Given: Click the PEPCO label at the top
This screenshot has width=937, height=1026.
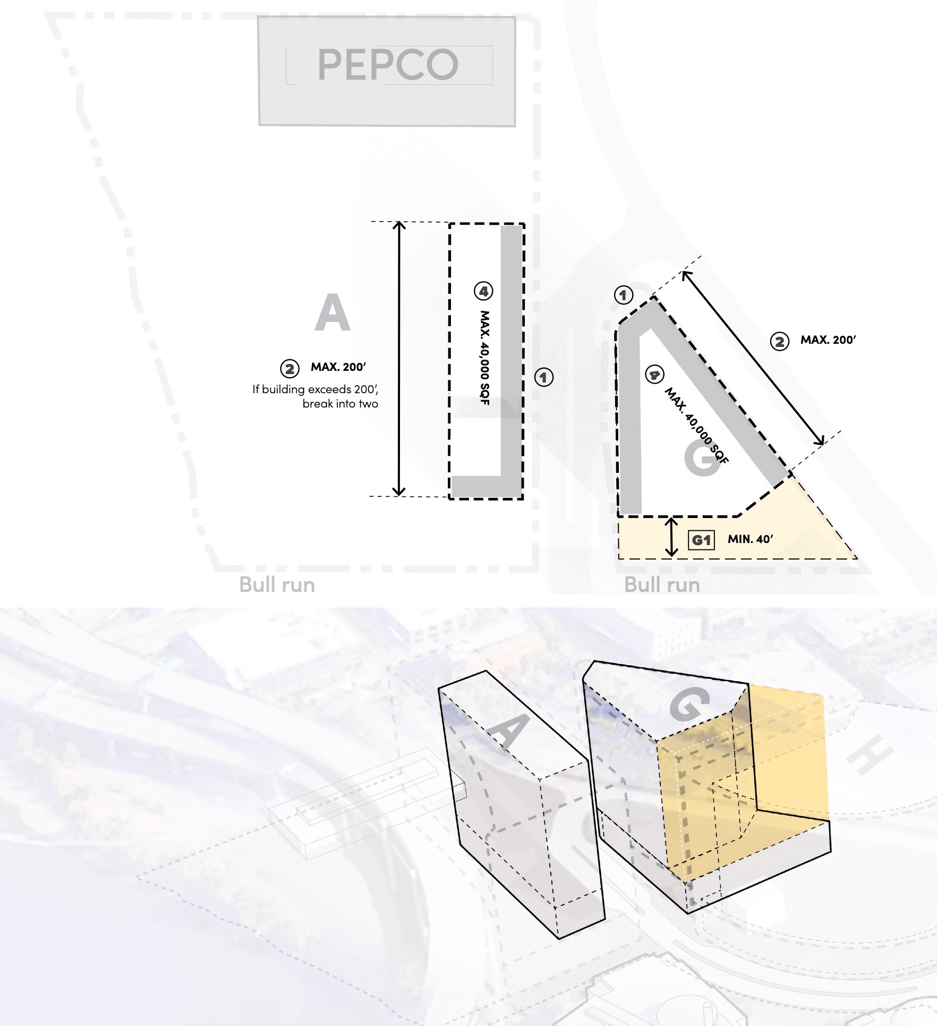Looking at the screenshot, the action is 388,64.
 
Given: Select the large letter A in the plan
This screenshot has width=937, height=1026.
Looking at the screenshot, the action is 333,313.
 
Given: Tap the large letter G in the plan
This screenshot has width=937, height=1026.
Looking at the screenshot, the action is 702,458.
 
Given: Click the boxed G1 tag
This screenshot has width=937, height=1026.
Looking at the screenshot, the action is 701,540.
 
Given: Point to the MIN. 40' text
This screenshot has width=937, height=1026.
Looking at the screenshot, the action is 750,539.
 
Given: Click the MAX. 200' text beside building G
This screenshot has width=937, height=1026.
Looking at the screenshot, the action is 828,340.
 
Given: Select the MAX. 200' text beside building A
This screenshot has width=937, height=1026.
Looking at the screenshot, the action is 338,367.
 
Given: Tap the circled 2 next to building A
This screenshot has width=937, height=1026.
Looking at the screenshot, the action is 289,369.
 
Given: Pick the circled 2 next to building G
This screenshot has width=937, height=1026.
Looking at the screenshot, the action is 779,341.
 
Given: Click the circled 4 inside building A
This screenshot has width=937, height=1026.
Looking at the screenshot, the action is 483,291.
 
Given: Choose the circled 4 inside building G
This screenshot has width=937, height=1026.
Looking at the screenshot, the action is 654,375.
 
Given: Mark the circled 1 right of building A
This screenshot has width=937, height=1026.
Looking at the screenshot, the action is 543,377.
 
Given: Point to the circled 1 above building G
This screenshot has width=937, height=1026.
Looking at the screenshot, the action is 624,294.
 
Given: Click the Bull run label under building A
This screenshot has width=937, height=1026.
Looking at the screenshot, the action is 277,584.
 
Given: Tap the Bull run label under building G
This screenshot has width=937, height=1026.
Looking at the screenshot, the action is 662,584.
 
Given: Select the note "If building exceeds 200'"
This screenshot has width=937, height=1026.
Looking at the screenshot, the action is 315,389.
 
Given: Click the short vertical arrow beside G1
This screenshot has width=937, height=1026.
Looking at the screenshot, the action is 672,538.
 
